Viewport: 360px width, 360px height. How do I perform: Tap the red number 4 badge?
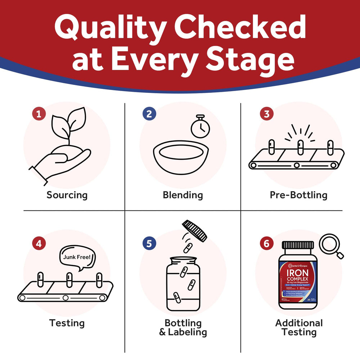[x=39, y=243]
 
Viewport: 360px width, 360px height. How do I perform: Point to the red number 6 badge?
[x=266, y=243]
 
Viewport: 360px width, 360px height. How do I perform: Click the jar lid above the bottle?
[x=195, y=231]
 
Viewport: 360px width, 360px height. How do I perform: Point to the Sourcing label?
[x=67, y=195]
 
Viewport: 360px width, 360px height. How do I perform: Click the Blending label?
[x=183, y=195]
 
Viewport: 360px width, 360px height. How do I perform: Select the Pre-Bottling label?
[x=298, y=195]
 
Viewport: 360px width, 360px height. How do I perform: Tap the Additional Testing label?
[x=299, y=327]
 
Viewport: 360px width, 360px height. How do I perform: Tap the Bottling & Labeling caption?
[x=183, y=327]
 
